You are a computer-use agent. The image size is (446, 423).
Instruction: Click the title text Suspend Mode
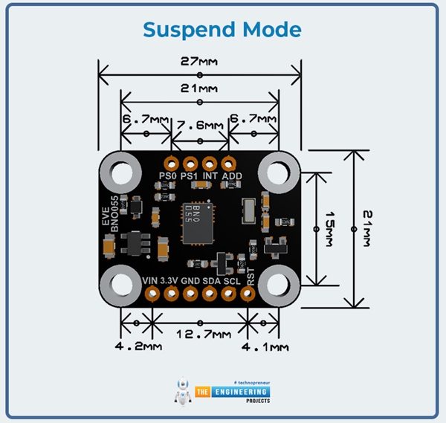pyautogui.click(x=222, y=30)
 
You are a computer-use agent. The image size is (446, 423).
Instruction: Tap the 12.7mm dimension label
pyautogui.click(x=199, y=335)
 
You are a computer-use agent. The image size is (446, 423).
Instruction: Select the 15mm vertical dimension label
pyautogui.click(x=325, y=227)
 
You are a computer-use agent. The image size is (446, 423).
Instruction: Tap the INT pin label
pyautogui.click(x=210, y=176)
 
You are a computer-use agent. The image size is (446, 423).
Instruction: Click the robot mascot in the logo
pyautogui.click(x=182, y=393)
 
